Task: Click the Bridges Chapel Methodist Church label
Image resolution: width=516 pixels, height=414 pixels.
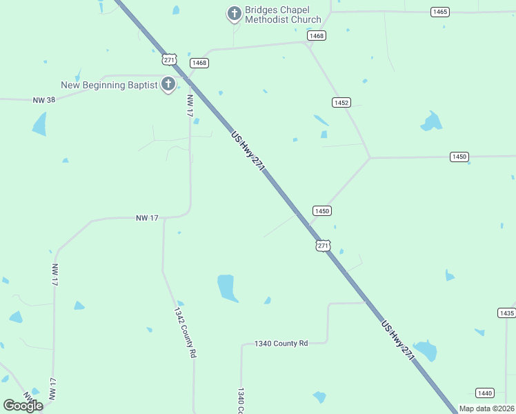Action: (283, 14)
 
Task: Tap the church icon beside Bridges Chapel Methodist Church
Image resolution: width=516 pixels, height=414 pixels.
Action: (235, 13)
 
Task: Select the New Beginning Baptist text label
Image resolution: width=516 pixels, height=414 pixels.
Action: (109, 85)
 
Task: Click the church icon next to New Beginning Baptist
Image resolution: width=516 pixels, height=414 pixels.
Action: (168, 85)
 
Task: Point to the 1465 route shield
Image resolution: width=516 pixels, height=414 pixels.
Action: (439, 12)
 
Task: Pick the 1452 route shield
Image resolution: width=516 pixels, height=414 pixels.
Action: (341, 102)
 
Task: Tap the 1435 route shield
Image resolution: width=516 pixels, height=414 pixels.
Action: (506, 313)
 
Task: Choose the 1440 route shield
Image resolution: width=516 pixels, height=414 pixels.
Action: (485, 393)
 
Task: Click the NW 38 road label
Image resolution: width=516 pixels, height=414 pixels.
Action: (43, 99)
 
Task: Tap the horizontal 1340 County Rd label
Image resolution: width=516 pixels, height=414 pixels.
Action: (281, 343)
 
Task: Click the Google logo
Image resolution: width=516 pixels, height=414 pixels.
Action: (23, 405)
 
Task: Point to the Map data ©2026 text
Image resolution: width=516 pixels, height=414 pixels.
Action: (486, 408)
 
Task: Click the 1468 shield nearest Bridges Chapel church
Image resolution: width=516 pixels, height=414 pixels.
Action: (317, 35)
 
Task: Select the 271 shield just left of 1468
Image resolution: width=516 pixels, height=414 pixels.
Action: (170, 59)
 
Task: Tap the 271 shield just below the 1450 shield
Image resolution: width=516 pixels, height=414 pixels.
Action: (324, 245)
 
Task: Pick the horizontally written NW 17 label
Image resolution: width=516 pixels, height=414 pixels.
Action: (147, 217)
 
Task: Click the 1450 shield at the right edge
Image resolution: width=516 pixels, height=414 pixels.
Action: (459, 157)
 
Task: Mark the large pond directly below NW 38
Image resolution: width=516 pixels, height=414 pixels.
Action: (39, 124)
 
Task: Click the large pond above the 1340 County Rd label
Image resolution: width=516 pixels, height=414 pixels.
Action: (227, 288)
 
